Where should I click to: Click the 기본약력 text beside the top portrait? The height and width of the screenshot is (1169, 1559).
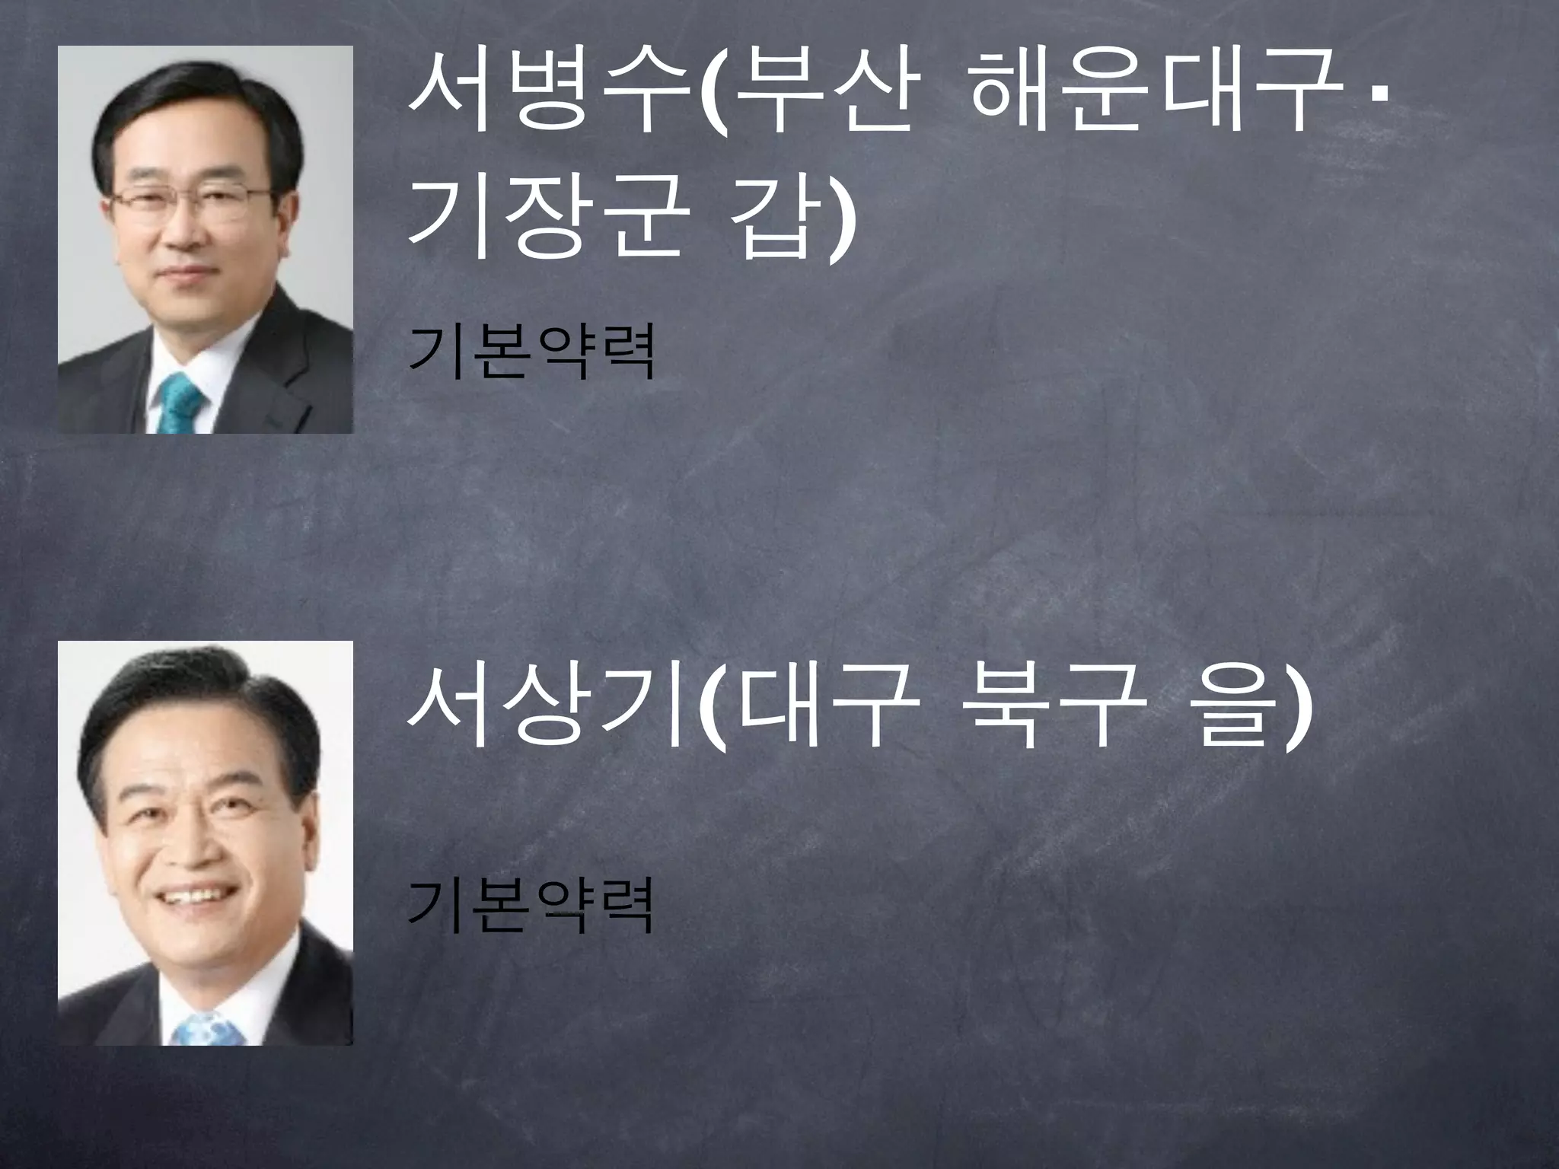click(531, 352)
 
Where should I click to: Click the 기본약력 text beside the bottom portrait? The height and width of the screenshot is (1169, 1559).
click(531, 906)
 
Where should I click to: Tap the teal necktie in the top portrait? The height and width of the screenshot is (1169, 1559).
click(180, 404)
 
